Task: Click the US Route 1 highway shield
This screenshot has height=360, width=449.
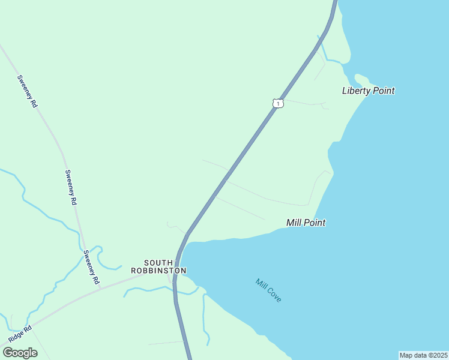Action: pos(277,103)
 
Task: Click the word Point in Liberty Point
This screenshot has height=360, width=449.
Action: pos(384,91)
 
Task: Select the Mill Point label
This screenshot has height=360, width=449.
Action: pos(306,223)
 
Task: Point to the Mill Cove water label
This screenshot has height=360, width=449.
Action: pos(268,290)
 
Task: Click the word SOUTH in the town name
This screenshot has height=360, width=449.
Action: pos(158,263)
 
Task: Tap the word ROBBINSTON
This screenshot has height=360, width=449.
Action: pos(158,271)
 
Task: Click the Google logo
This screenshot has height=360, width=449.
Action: pos(20,353)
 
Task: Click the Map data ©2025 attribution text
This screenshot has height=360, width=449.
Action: pos(424,355)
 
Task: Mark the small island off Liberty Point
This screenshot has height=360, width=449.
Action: pos(361,79)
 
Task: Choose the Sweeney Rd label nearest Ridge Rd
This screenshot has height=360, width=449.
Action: pos(91,267)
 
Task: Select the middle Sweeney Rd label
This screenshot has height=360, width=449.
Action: pos(71,188)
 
